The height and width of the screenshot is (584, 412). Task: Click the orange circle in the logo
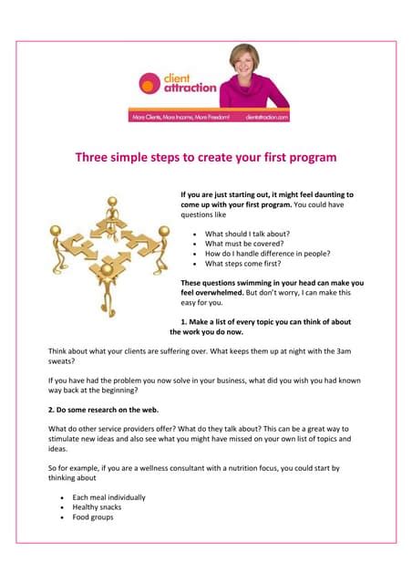[x=149, y=84]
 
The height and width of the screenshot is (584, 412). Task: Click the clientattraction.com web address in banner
[x=265, y=117]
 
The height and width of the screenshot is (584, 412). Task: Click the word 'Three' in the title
[x=93, y=157]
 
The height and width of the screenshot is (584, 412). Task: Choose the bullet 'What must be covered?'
[x=242, y=244]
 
